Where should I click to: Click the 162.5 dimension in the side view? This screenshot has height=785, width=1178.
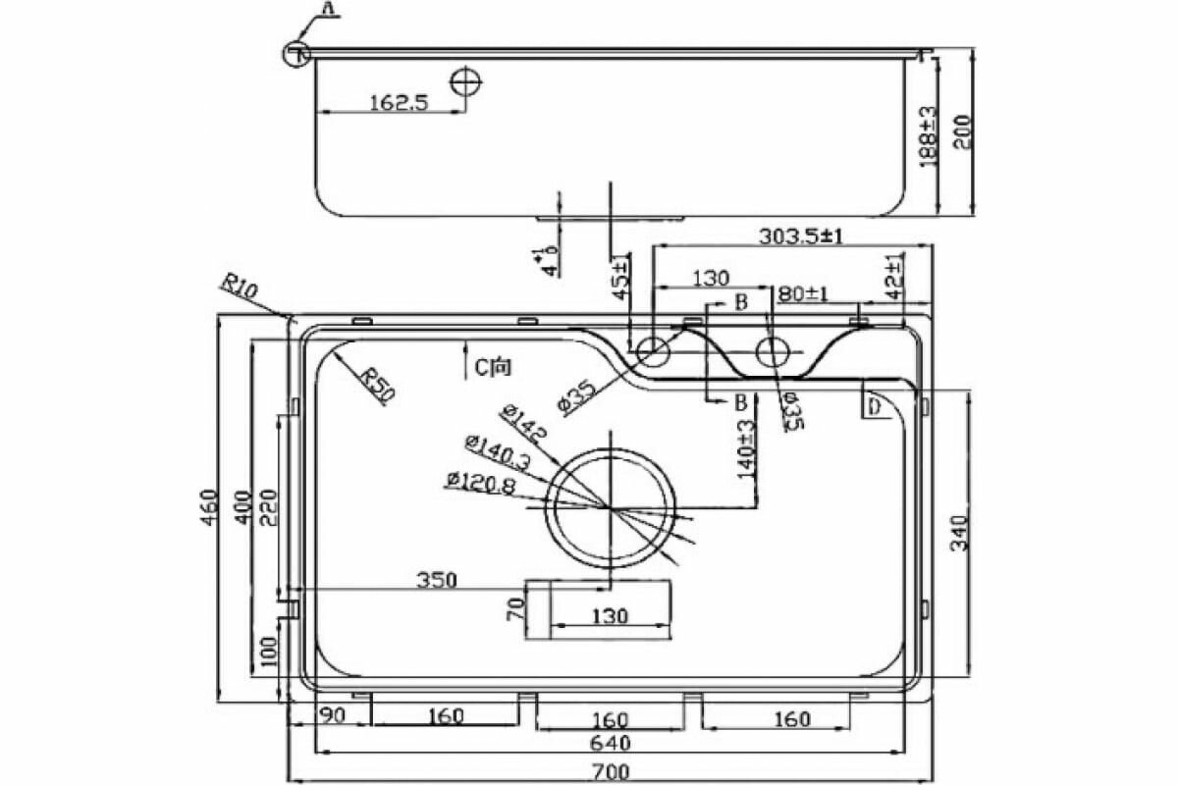399,102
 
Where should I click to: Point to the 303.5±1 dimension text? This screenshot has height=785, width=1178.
803,235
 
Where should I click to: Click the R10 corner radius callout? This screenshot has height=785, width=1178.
239,288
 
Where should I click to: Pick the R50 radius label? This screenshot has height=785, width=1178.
376,385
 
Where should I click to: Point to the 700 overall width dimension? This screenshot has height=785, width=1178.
610,772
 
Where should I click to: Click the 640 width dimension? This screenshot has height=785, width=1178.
610,743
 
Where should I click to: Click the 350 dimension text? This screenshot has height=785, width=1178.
436,580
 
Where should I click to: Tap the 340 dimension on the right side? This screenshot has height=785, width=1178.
959,532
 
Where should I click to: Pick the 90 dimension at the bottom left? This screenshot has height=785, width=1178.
332,715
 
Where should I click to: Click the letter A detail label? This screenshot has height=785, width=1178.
328,9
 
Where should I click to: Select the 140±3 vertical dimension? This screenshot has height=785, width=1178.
747,448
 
